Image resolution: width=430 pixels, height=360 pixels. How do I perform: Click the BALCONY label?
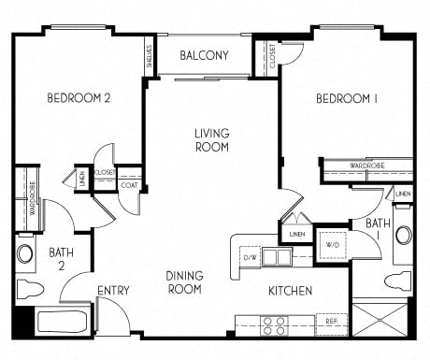coord(204,55)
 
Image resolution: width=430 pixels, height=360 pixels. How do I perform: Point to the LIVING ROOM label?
coord(213,139)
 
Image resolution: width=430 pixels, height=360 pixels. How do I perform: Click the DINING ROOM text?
coord(185,282)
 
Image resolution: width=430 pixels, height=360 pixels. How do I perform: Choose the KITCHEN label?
coord(290,291)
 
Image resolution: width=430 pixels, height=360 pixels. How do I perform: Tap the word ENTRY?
coord(113,291)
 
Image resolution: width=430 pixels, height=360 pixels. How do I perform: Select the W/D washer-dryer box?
coord(332,247)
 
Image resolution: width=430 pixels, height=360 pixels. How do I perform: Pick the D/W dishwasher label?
coord(250,256)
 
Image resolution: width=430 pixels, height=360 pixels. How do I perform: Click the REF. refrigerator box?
coord(331,321)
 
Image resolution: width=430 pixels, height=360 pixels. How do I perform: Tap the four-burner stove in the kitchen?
coord(275,324)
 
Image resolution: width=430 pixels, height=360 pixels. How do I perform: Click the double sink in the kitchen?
coord(276,256)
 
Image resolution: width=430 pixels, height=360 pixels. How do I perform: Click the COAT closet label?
coord(129,184)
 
